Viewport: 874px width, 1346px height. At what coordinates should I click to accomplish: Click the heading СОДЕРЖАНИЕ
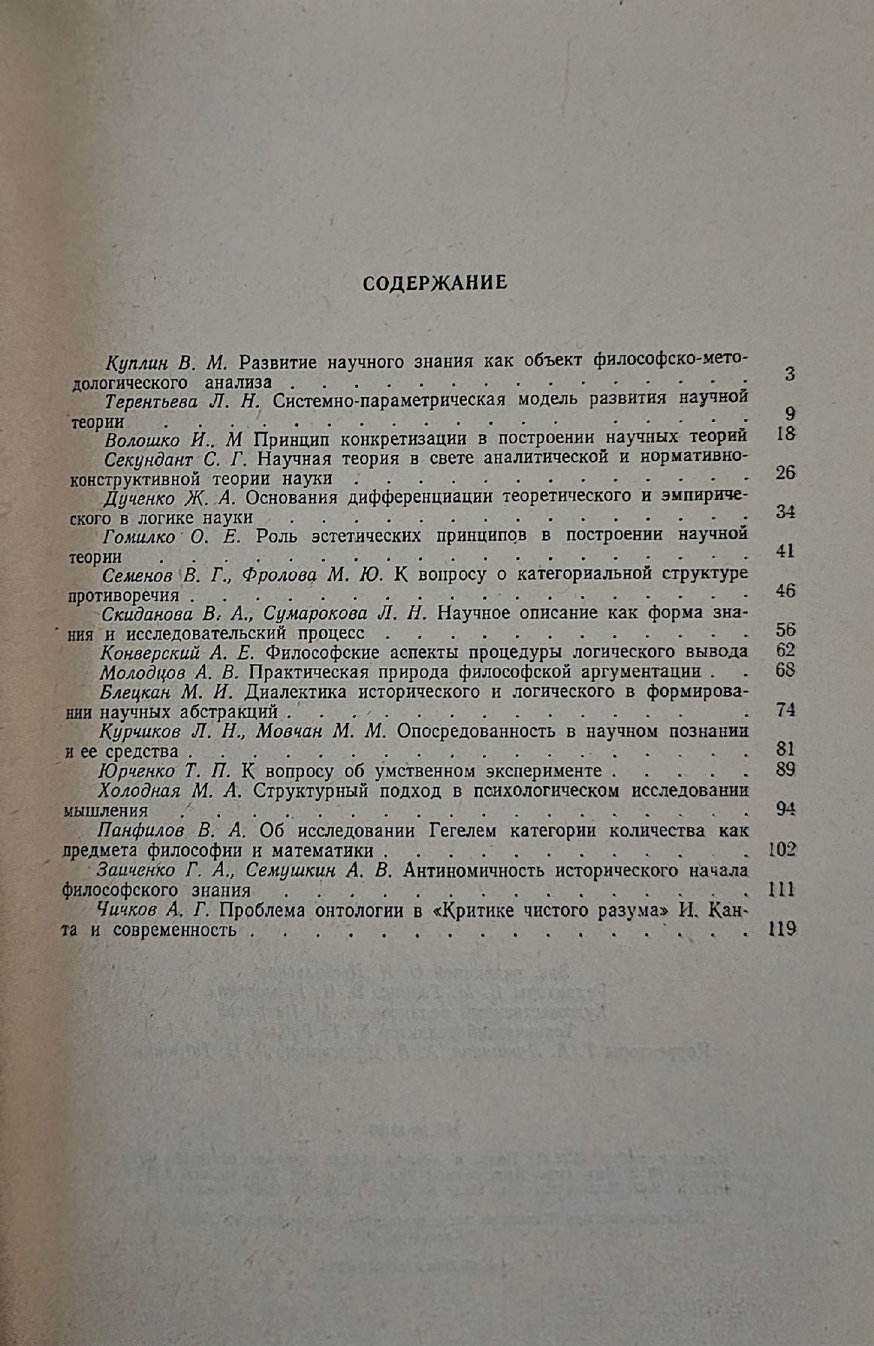pos(435,283)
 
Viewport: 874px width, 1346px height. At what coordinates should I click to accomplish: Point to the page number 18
pos(785,433)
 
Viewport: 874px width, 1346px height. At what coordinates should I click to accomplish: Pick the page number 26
pos(785,472)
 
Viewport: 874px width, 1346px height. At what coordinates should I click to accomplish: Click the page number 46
pos(785,590)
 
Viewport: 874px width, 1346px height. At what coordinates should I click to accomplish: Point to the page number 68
pos(785,670)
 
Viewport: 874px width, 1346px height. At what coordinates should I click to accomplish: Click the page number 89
pos(785,769)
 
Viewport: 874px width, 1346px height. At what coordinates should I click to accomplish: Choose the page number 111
pos(781,889)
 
